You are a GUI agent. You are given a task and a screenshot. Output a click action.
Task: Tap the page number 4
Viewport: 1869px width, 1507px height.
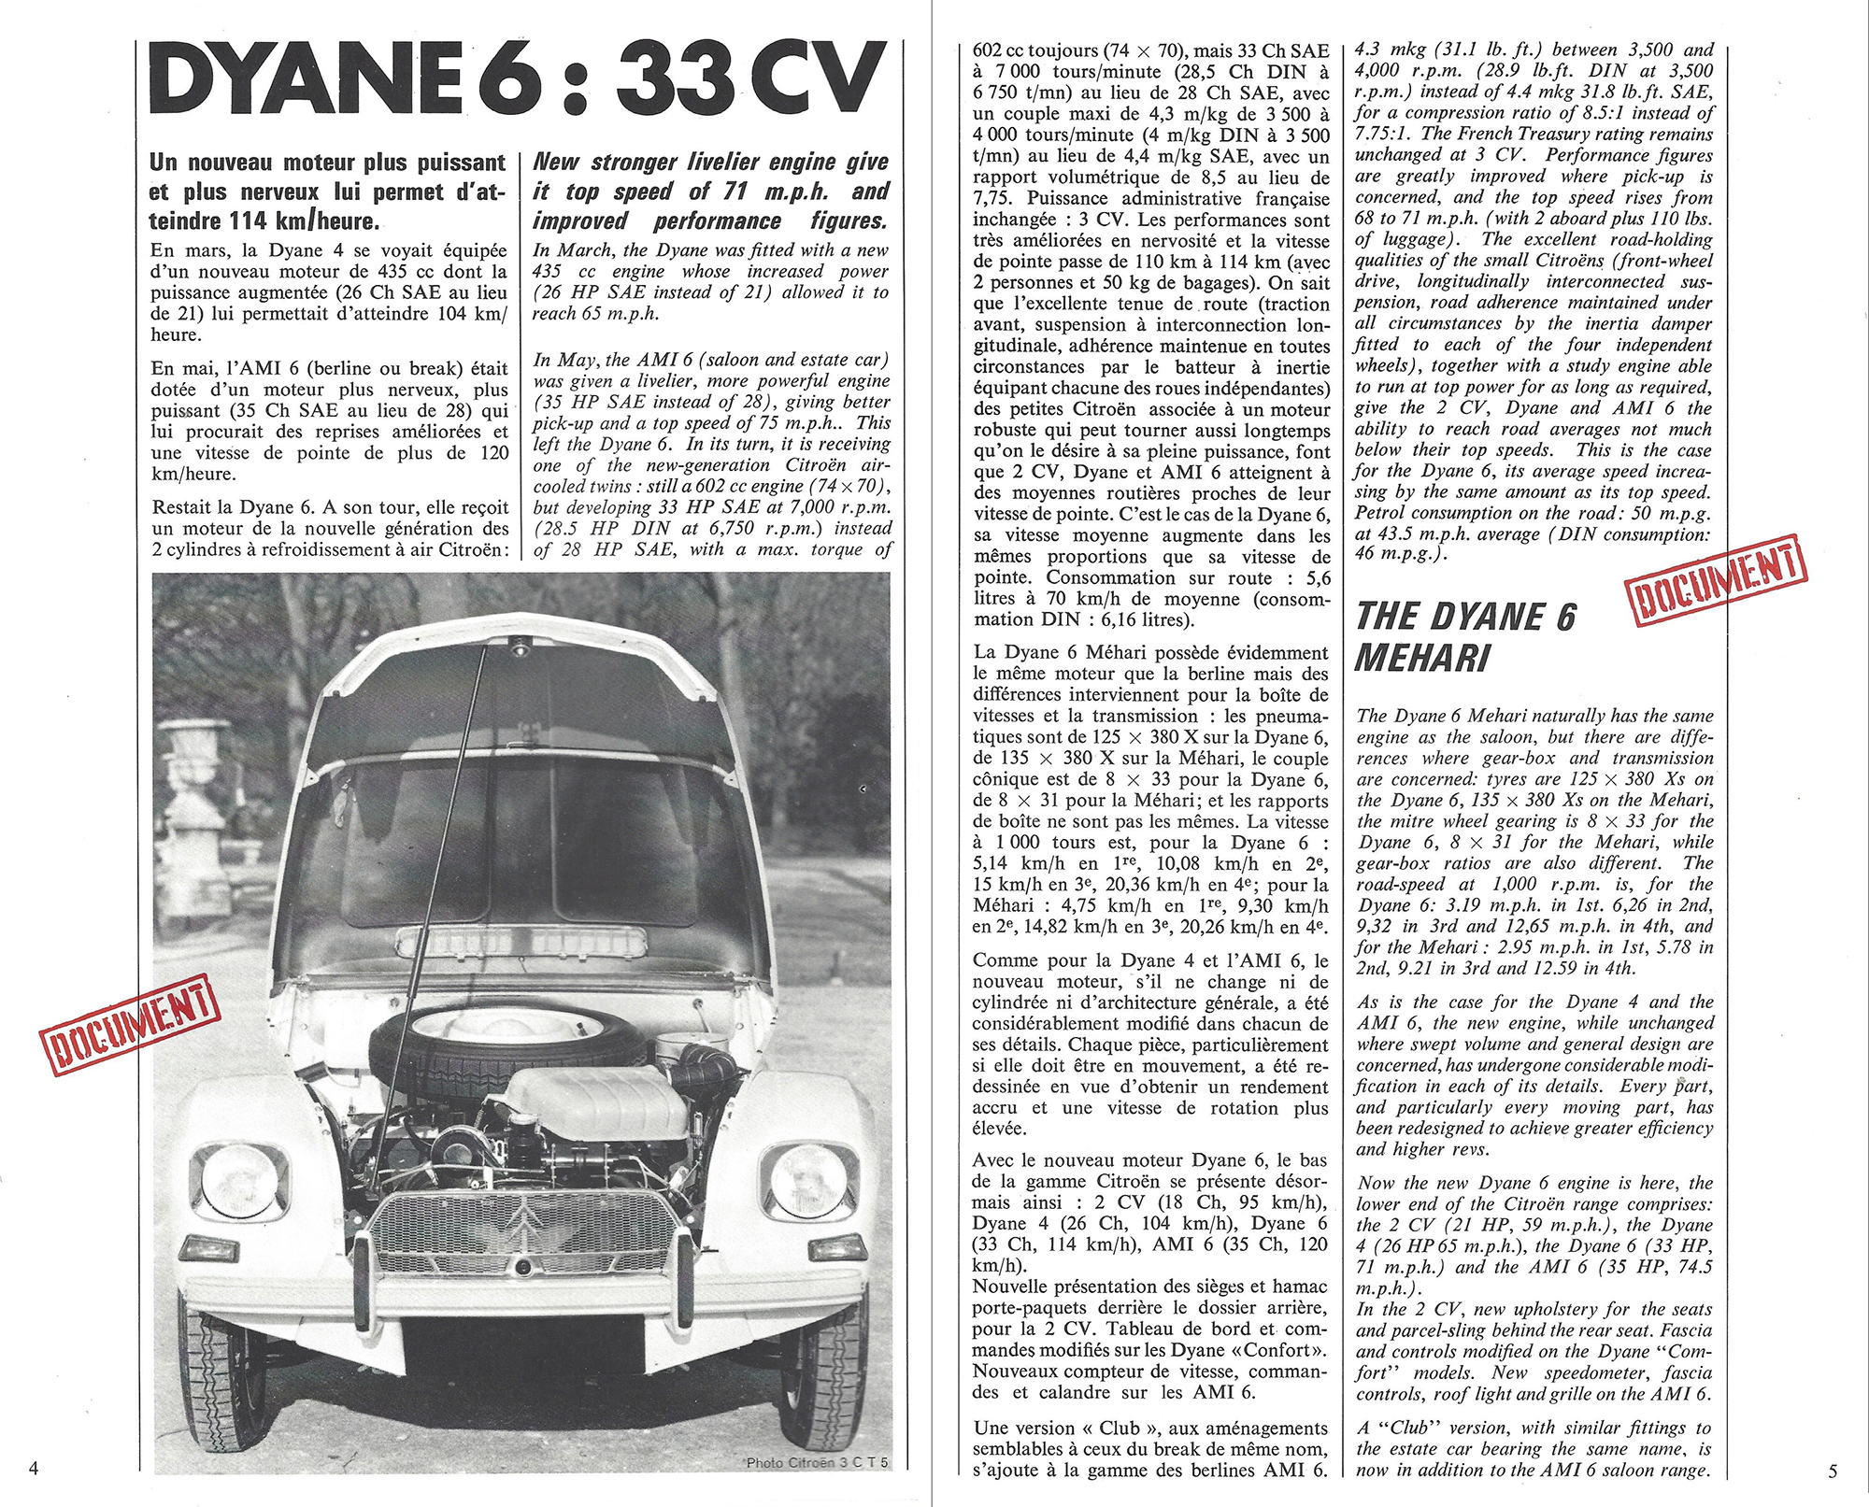tap(34, 1468)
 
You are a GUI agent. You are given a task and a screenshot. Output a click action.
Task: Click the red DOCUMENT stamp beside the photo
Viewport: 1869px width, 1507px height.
tap(130, 1023)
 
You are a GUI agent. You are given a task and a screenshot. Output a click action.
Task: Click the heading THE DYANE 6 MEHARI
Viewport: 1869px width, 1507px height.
tap(1465, 637)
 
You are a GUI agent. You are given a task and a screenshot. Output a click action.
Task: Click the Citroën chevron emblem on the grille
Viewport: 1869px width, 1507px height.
tap(524, 1225)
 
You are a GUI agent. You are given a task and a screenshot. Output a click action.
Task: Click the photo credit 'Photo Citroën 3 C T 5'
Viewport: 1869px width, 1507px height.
tap(818, 1462)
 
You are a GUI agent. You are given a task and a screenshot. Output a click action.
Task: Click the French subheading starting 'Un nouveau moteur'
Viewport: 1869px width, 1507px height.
tap(328, 192)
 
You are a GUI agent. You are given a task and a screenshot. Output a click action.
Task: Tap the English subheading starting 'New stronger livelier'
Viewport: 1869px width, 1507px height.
tap(710, 192)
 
